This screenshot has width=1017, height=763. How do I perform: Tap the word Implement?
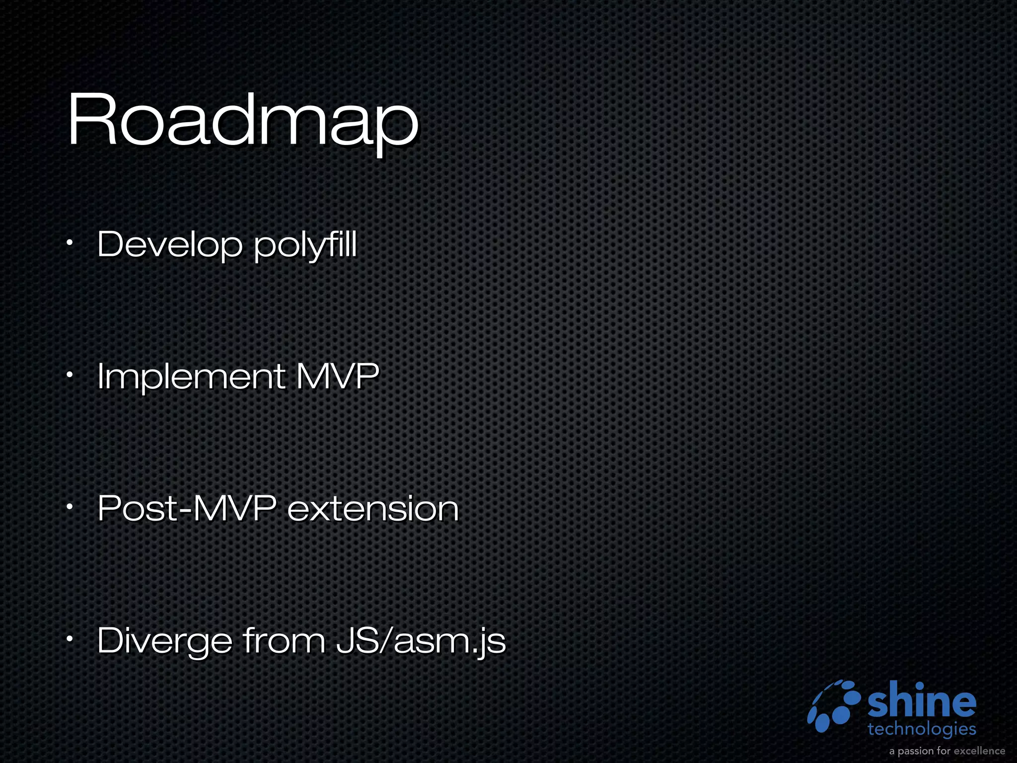click(x=191, y=376)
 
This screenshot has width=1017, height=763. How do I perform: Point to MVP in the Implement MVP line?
click(x=338, y=376)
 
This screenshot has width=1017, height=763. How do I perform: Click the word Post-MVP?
click(x=187, y=508)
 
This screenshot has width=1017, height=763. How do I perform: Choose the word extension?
click(x=373, y=509)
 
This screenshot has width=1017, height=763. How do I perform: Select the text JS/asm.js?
click(x=421, y=641)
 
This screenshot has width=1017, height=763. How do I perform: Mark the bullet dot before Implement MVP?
click(x=71, y=376)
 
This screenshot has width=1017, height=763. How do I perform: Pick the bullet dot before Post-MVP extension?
click(x=71, y=508)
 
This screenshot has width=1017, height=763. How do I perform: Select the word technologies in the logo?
click(x=922, y=729)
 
